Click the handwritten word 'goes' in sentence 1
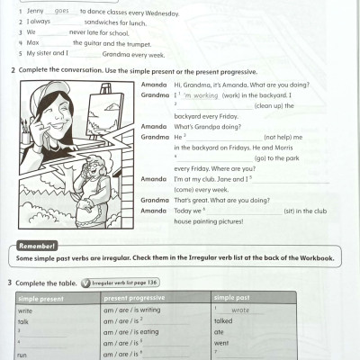[62, 12]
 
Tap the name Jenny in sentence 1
[35, 12]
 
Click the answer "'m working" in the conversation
[200, 94]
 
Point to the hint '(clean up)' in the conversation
[272, 105]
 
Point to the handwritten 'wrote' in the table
[240, 310]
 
